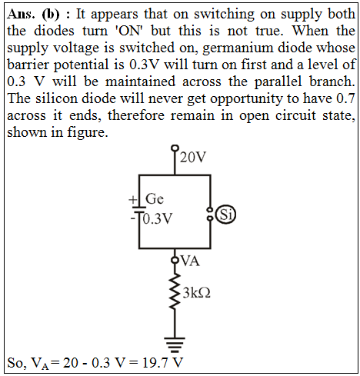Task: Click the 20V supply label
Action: click(193, 158)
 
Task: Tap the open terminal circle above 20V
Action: click(175, 148)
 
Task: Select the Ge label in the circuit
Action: click(155, 198)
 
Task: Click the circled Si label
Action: click(226, 215)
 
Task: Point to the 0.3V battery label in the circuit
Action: click(158, 218)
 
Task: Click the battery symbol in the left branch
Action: click(139, 209)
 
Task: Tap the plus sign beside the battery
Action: click(133, 199)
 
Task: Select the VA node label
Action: click(190, 261)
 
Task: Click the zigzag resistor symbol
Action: click(175, 291)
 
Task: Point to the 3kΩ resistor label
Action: click(197, 293)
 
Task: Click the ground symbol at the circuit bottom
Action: click(175, 344)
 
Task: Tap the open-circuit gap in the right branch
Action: click(210, 214)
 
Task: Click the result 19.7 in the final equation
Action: click(154, 363)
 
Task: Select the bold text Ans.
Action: click(21, 14)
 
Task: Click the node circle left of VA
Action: click(175, 260)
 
